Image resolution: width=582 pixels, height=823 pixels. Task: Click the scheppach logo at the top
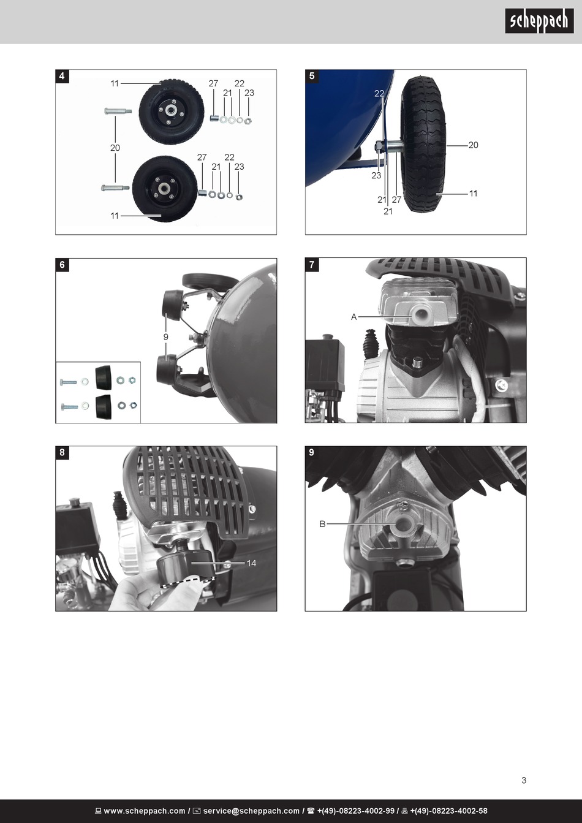click(x=539, y=21)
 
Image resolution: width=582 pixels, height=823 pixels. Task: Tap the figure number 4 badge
click(x=62, y=76)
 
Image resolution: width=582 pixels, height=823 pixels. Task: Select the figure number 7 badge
click(x=312, y=265)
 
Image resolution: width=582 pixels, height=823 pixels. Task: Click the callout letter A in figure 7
click(x=354, y=317)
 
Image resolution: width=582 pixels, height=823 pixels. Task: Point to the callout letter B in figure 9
click(x=322, y=524)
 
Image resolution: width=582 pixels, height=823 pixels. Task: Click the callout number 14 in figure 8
click(x=251, y=563)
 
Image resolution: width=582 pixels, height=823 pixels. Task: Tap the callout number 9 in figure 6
click(x=165, y=337)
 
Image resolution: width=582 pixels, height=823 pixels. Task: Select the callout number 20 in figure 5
click(x=474, y=145)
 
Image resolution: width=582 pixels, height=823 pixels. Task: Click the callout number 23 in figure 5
click(x=376, y=176)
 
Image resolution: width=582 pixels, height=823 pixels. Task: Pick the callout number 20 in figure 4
click(x=115, y=148)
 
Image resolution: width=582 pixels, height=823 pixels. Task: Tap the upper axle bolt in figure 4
click(x=118, y=110)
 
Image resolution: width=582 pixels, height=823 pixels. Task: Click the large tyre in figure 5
click(x=423, y=145)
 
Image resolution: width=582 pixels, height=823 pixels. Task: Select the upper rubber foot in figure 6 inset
click(x=103, y=377)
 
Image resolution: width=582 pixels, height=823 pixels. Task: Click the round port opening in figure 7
click(x=419, y=314)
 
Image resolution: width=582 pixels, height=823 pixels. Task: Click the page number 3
click(x=524, y=780)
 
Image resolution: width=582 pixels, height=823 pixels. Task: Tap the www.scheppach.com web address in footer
click(x=145, y=811)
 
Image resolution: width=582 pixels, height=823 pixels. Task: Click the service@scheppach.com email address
click(x=251, y=811)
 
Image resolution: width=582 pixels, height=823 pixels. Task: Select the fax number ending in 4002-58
click(x=448, y=811)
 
